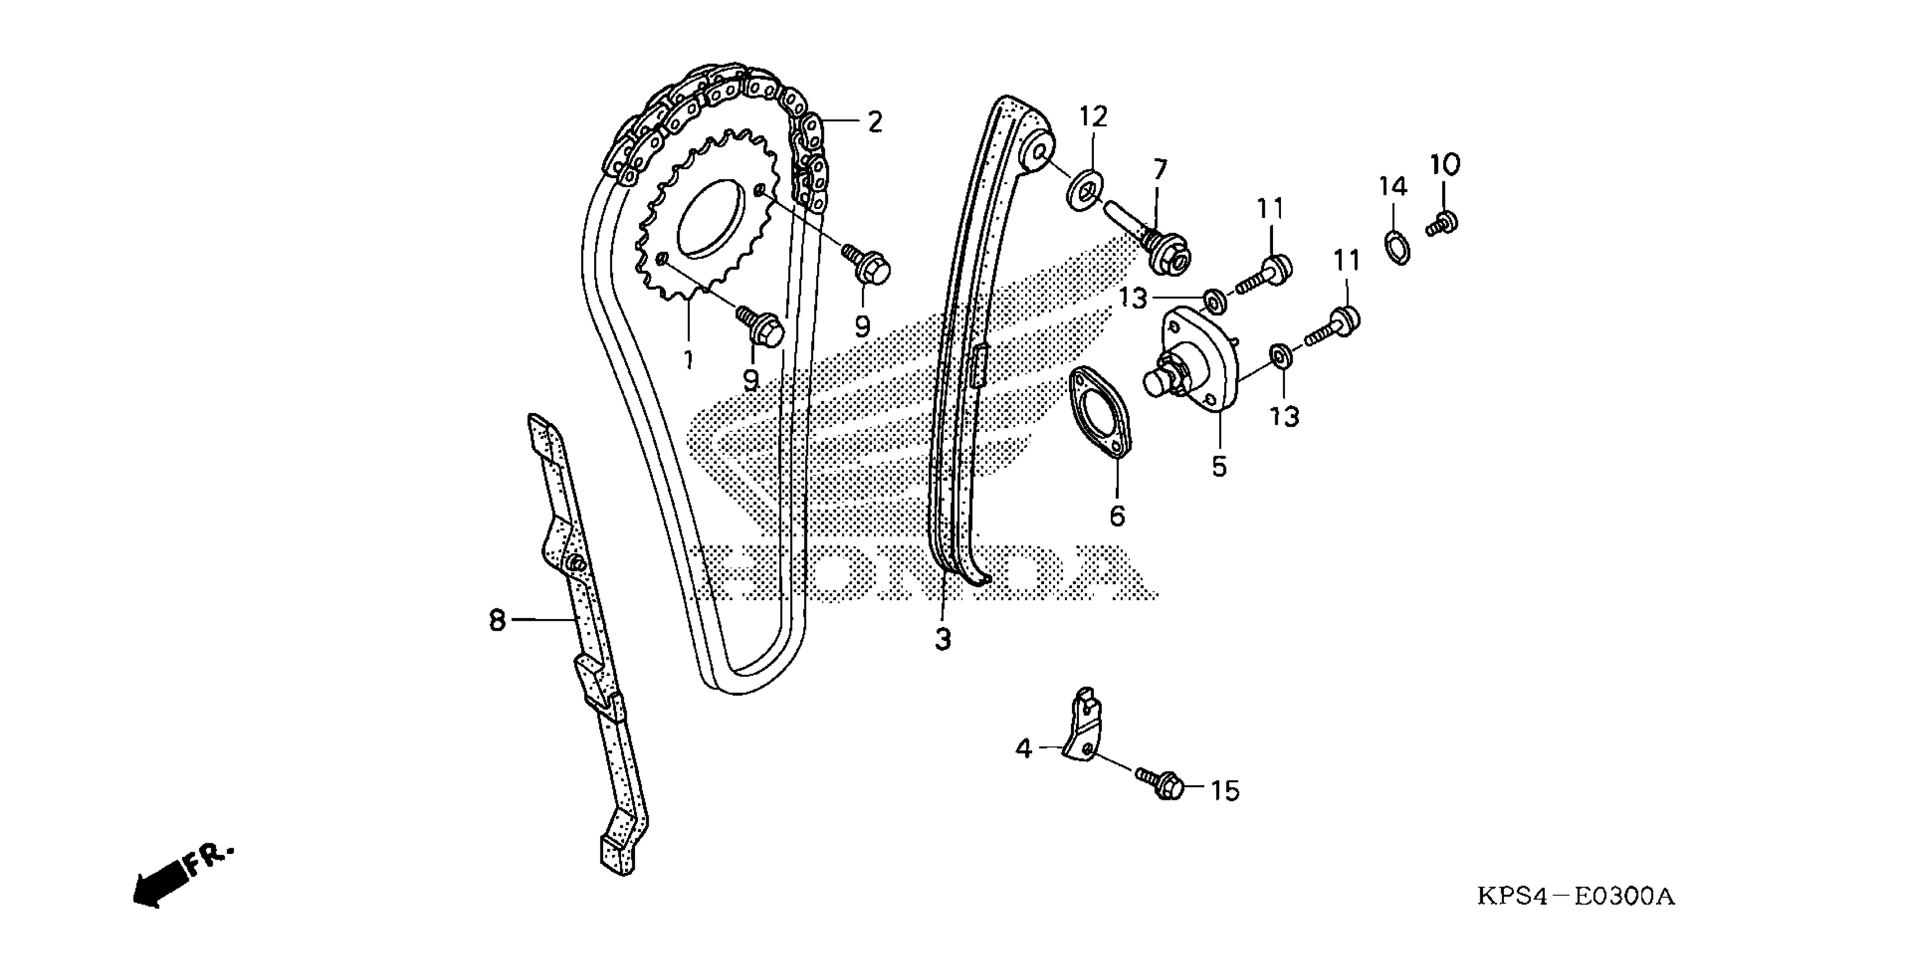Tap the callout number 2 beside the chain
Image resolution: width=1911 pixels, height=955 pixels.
(875, 122)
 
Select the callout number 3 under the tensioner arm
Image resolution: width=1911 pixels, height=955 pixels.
(942, 638)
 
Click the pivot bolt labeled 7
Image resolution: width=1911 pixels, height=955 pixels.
(1157, 241)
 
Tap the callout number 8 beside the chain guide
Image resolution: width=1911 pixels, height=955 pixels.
(497, 620)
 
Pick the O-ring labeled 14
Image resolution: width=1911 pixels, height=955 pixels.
(1398, 247)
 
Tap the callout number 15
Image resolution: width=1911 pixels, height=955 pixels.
(1225, 791)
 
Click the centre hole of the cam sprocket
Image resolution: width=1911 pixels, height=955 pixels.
(711, 215)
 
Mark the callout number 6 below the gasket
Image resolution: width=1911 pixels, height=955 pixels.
(1117, 515)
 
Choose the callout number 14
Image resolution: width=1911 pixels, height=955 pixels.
(1393, 187)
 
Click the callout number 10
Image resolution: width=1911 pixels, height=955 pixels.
(1445, 164)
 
